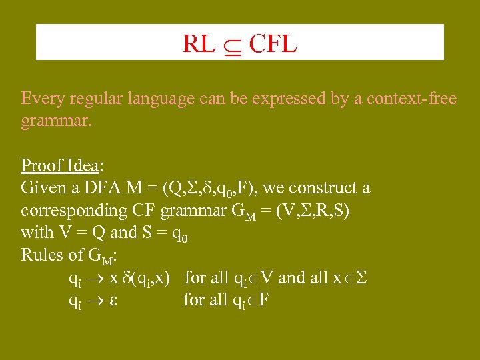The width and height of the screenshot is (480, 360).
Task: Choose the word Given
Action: (41, 188)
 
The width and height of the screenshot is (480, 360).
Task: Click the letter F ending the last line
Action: (263, 299)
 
